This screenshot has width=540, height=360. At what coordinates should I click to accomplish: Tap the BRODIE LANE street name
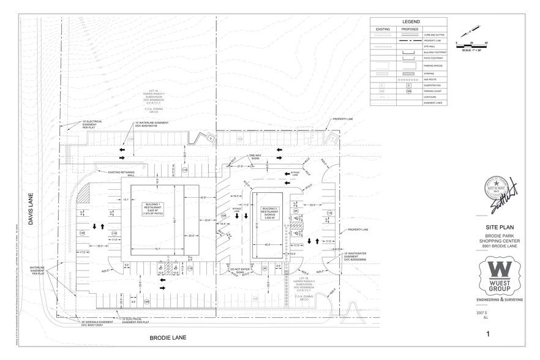[x=168, y=337]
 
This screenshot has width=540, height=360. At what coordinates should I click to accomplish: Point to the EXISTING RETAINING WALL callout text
[x=123, y=173]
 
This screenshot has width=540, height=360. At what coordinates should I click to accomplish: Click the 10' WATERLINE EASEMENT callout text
[x=151, y=124]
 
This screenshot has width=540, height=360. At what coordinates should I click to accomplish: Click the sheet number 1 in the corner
[x=488, y=334]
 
